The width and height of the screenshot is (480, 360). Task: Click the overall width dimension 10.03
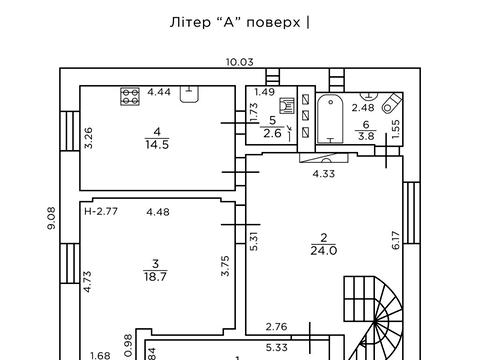click(x=239, y=62)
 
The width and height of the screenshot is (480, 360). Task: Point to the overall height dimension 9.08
click(x=51, y=217)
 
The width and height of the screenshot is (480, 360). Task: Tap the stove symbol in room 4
click(x=129, y=96)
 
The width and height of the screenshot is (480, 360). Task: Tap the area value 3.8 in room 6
click(x=366, y=136)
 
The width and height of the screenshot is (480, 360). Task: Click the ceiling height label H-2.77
click(x=101, y=211)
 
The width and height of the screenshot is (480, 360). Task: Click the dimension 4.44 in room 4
click(x=159, y=92)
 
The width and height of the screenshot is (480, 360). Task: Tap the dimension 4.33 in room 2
click(x=323, y=173)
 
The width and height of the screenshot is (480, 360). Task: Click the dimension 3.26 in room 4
click(x=89, y=137)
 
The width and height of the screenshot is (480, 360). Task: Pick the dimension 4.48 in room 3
click(x=158, y=211)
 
